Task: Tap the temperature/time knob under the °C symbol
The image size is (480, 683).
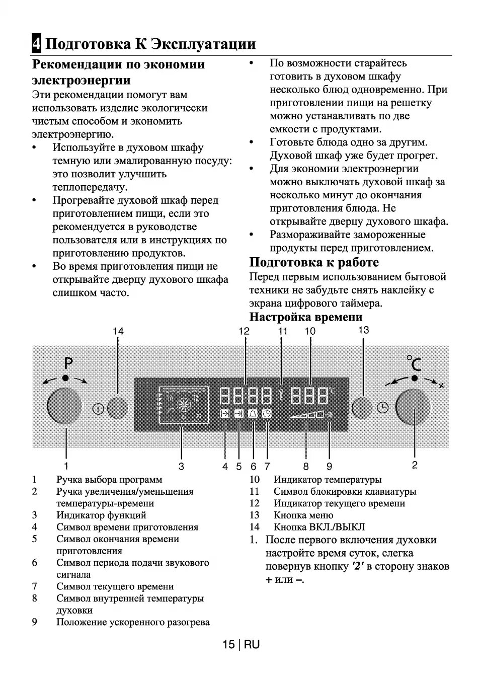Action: pyautogui.click(x=413, y=407)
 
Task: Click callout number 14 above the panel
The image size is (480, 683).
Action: pyautogui.click(x=118, y=331)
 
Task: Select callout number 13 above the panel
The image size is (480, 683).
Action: pyautogui.click(x=363, y=330)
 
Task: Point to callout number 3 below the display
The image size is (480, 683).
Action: pyautogui.click(x=181, y=466)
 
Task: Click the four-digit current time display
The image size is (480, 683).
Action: pyautogui.click(x=246, y=397)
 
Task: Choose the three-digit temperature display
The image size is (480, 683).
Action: pyautogui.click(x=310, y=397)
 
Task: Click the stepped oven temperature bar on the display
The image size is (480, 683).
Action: pyautogui.click(x=306, y=415)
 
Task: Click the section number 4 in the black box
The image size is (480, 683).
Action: pyautogui.click(x=36, y=44)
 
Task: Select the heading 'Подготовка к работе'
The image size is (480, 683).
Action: pyautogui.click(x=314, y=262)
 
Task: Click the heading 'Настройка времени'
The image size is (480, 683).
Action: pyautogui.click(x=306, y=317)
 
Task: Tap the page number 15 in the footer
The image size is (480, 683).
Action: pyautogui.click(x=228, y=645)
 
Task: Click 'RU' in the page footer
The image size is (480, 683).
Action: pyautogui.click(x=253, y=645)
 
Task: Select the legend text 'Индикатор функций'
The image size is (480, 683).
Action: pyautogui.click(x=101, y=515)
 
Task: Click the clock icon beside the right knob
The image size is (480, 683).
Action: pyautogui.click(x=383, y=408)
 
